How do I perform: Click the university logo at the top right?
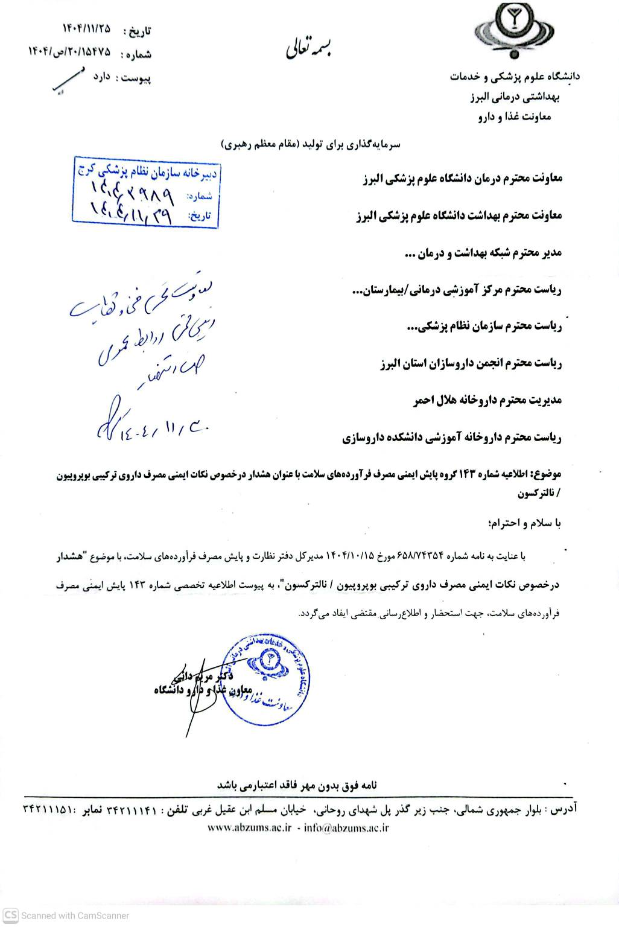(513, 32)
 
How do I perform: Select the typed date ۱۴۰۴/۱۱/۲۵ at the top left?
(86, 28)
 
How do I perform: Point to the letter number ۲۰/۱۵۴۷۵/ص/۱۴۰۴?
(72, 54)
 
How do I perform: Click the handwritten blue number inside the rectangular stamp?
(132, 193)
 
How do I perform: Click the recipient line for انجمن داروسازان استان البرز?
(471, 364)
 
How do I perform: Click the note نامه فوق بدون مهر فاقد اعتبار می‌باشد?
(296, 785)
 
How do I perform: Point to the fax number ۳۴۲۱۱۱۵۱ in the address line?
(48, 808)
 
